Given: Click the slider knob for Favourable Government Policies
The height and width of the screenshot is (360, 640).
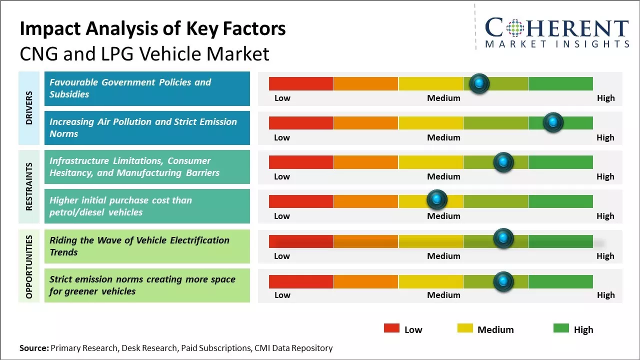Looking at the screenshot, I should (x=479, y=83).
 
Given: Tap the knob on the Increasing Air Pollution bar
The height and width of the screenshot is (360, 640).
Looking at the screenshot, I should (x=553, y=122).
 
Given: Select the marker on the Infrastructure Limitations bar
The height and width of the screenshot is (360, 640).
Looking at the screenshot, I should (x=503, y=162).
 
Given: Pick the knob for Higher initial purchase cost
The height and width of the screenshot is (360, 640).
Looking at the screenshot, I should (x=437, y=200).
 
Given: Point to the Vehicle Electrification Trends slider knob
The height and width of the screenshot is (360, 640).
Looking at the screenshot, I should (x=503, y=238).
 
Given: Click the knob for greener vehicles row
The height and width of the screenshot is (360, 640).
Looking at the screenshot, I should (x=503, y=281).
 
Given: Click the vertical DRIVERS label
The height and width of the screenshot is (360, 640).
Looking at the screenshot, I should (x=29, y=107).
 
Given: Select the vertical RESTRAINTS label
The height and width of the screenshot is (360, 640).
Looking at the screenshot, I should (x=29, y=186).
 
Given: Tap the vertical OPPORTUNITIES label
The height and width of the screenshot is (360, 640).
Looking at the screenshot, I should (x=29, y=266).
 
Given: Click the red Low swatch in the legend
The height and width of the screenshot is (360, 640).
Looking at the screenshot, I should (x=391, y=328).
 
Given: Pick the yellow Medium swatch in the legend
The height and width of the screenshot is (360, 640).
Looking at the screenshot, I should (x=465, y=328).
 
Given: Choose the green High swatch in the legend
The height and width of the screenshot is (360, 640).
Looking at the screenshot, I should (x=561, y=328).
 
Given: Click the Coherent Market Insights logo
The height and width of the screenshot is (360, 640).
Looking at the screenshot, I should (x=557, y=32).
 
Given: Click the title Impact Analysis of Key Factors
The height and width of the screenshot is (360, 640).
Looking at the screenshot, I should (x=152, y=28).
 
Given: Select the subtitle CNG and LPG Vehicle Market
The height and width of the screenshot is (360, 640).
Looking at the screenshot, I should (x=144, y=53).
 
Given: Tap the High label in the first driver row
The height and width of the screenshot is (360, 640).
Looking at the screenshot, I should (x=605, y=98).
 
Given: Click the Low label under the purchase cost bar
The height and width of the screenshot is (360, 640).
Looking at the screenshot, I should (x=282, y=216).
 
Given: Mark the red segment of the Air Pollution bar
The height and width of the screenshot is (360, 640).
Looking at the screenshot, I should (x=301, y=123).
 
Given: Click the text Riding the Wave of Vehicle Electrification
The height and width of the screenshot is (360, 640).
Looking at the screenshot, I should (x=139, y=240).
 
